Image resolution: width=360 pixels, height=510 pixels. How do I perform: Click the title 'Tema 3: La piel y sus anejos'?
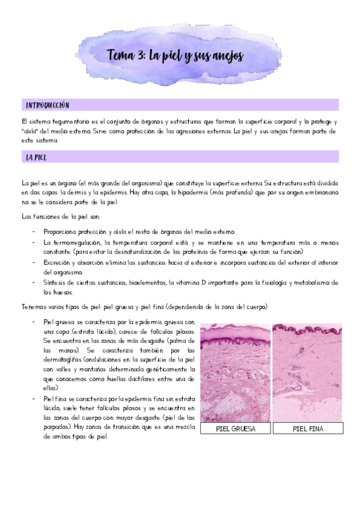coord(175,56)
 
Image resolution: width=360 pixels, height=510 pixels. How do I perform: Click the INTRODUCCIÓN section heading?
coord(47,105)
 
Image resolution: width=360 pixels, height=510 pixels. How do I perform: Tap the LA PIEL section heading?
coord(37,158)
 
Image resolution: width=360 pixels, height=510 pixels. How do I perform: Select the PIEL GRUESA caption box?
coord(235,429)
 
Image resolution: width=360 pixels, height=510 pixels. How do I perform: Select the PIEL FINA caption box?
coord(308,429)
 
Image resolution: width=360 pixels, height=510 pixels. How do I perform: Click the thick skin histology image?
coord(235,372)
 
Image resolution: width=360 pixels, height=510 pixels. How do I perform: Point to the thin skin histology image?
coord(308,372)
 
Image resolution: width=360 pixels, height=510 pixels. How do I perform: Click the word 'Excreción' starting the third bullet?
coord(61,262)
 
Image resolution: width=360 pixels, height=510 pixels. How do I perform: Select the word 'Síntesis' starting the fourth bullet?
coord(57,283)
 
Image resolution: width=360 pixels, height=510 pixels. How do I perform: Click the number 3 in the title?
coord(140,56)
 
